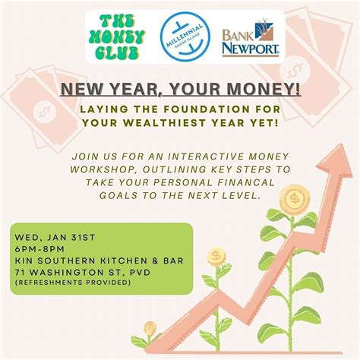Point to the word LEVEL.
(x=242, y=194)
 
